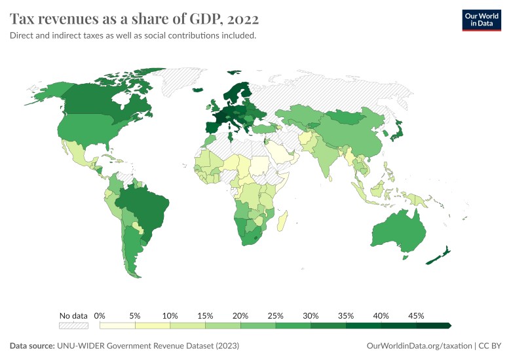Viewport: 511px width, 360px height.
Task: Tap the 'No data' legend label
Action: coord(73,315)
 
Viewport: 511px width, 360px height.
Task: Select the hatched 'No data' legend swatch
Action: coord(73,325)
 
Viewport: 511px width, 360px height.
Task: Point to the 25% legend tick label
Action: coord(276,315)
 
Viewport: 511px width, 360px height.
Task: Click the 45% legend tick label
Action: coord(416,315)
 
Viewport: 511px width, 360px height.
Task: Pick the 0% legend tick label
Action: coord(100,315)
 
